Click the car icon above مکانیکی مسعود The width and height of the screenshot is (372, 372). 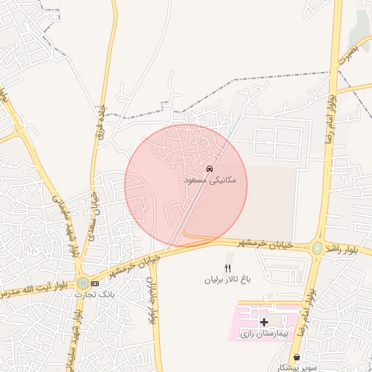210,169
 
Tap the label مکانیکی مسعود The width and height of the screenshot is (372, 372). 209,179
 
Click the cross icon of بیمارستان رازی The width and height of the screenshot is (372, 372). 264,321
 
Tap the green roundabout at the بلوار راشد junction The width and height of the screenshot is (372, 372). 317,248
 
